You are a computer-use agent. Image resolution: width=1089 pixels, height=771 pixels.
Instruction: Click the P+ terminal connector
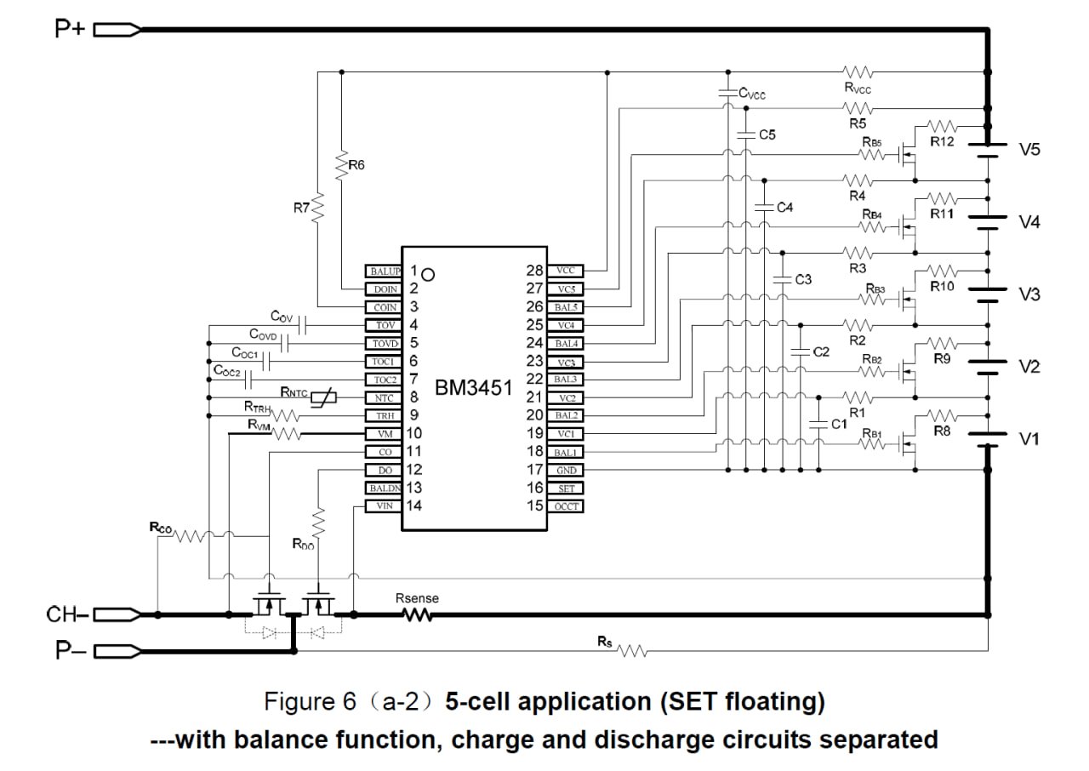117,31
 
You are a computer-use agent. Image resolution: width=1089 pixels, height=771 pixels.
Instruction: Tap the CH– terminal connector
117,614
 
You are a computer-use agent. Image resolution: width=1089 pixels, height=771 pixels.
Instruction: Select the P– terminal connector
117,652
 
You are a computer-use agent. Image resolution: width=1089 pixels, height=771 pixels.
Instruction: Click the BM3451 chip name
475,389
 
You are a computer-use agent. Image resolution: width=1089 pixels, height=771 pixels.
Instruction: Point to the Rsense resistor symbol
417,614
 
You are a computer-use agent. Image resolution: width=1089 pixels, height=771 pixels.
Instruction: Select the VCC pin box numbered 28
566,271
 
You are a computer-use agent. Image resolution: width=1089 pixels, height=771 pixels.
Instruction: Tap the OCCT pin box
566,506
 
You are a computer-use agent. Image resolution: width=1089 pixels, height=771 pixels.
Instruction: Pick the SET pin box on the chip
566,488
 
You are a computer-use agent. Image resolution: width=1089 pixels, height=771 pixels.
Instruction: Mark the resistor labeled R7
318,207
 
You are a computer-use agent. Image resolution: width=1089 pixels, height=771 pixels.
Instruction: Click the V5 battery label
1029,150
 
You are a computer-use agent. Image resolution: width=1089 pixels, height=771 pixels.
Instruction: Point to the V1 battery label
1029,439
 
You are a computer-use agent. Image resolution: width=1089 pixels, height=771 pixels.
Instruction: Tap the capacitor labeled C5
746,134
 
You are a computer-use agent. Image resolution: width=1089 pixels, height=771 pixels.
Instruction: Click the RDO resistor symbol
318,520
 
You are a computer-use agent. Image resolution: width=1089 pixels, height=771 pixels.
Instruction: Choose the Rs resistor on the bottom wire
632,651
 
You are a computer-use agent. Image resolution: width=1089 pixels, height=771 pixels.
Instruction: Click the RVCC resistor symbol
858,71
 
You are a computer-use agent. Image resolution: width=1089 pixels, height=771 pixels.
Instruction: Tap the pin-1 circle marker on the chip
429,274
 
